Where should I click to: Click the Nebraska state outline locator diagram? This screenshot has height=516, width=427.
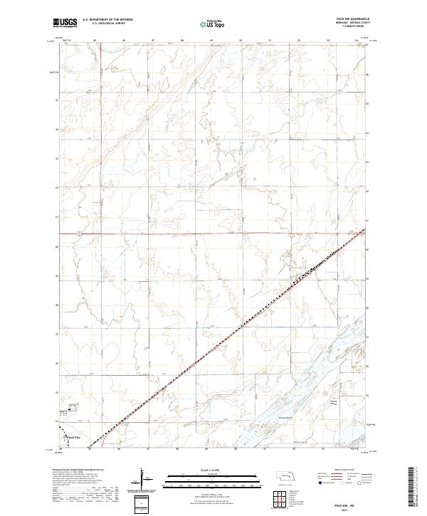click(286, 474)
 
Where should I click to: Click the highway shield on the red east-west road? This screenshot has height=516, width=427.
click(80, 233)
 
